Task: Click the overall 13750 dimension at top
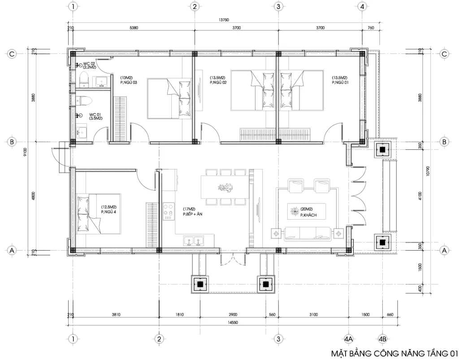[x=224, y=20]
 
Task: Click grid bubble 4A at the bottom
[x=349, y=338]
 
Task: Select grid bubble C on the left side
[x=13, y=54]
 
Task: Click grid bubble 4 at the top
[x=362, y=6]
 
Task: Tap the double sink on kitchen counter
[x=194, y=241]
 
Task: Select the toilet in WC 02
[x=83, y=81]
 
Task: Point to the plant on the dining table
[x=225, y=187]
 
